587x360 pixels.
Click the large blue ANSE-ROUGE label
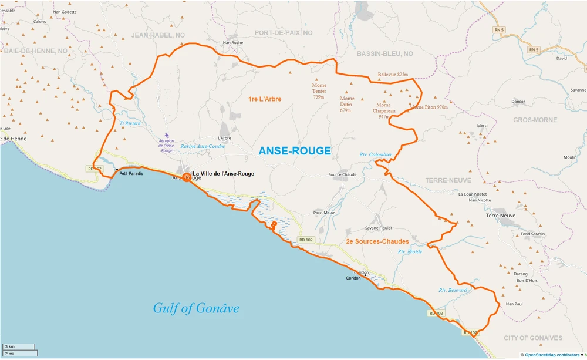(295, 151)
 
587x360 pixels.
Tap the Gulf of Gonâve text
(196, 308)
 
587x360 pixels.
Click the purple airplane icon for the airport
(167, 136)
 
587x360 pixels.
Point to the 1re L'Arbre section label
(265, 99)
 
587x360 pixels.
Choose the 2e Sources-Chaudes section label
(377, 241)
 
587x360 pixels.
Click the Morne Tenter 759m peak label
(319, 91)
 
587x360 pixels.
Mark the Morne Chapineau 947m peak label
(384, 110)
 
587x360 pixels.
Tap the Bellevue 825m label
(393, 75)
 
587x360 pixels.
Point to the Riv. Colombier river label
(376, 154)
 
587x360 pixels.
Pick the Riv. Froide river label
(410, 251)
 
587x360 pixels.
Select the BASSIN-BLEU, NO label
(384, 53)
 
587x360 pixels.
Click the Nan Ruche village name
(233, 43)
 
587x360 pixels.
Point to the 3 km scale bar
(18, 347)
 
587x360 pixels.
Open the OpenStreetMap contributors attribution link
(552, 355)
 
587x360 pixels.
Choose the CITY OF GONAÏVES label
(532, 338)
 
